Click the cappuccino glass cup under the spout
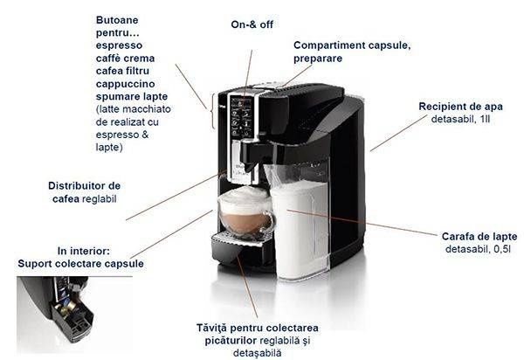[244, 213]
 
